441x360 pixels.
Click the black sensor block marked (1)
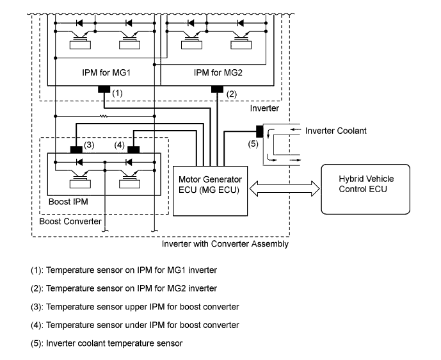103,89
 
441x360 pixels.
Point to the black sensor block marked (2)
217,89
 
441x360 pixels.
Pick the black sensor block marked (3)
77,150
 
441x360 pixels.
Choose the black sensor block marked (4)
133,150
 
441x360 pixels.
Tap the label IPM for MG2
217,72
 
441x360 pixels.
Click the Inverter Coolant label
337,131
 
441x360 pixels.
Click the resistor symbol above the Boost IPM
103,116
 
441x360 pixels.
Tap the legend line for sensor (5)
106,343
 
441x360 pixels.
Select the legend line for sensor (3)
134,306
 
